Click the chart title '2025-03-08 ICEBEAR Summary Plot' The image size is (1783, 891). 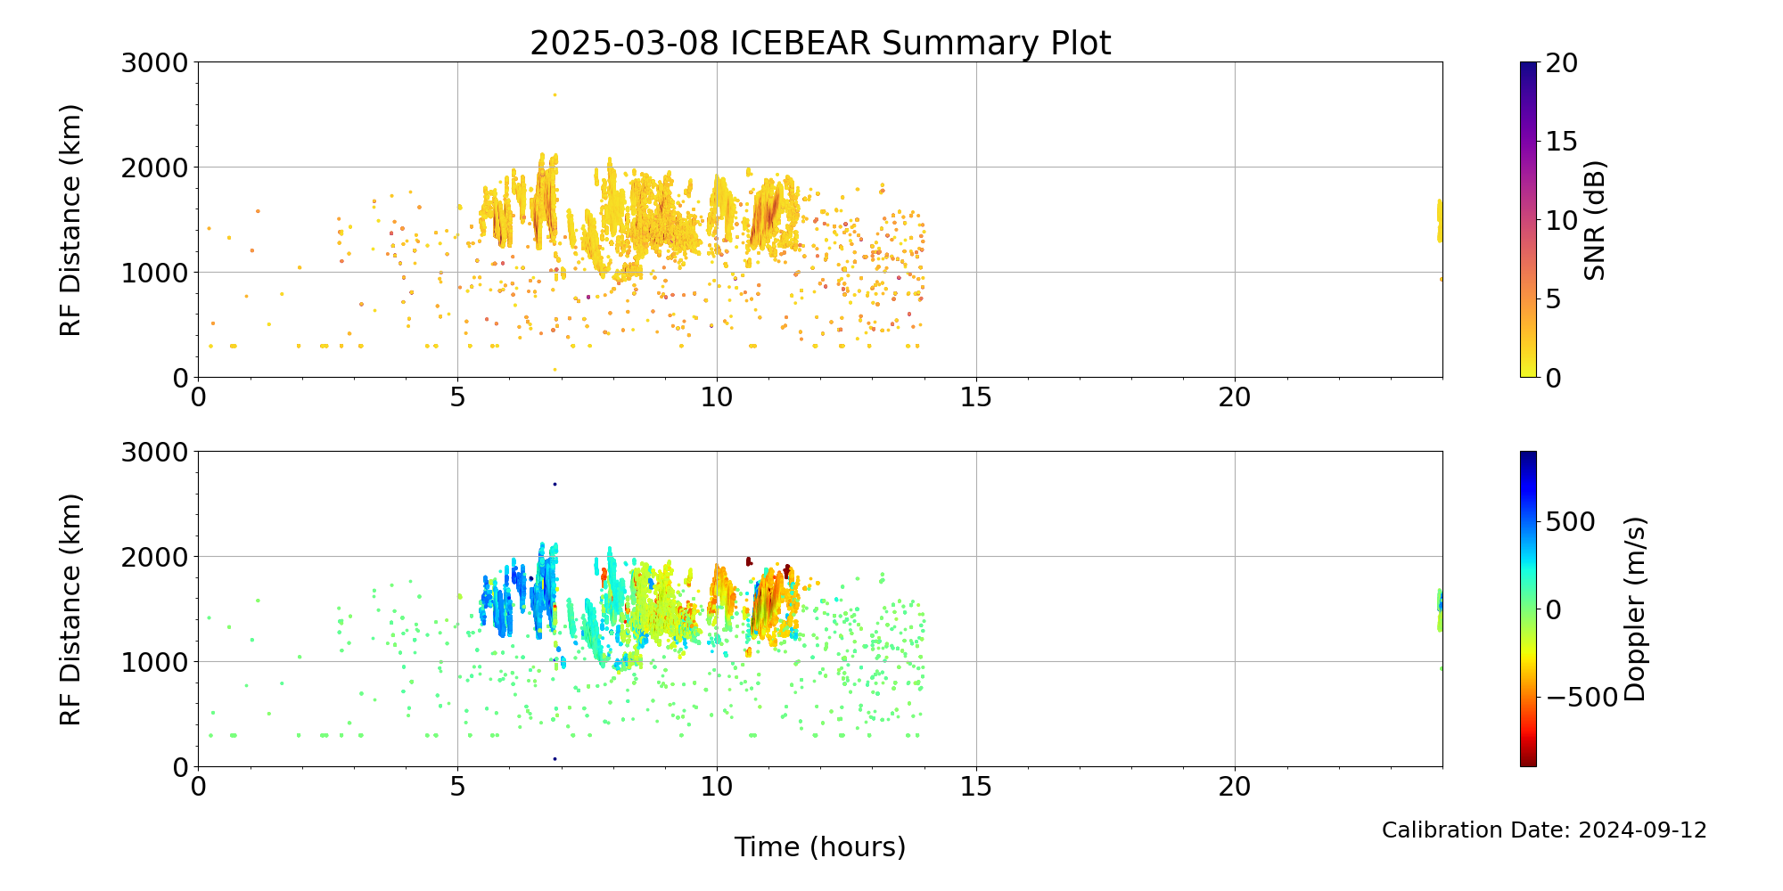click(x=820, y=43)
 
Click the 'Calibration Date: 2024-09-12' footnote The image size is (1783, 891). click(x=1544, y=830)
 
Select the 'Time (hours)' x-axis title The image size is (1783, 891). click(x=820, y=847)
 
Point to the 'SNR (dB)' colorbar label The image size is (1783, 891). click(x=1595, y=220)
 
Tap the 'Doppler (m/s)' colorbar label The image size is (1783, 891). click(x=1634, y=609)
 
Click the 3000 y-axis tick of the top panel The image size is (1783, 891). click(x=156, y=62)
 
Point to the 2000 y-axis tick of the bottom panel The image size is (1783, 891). click(x=156, y=557)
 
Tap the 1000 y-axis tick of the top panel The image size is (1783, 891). click(x=156, y=273)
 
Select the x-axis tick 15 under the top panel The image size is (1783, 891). click(x=976, y=396)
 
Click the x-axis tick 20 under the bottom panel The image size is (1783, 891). click(x=1235, y=786)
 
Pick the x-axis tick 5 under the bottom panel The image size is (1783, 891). click(x=457, y=786)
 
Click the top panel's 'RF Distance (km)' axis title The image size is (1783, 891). click(x=70, y=220)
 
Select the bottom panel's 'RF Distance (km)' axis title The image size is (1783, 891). click(x=70, y=609)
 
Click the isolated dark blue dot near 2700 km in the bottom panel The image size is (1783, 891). click(x=555, y=484)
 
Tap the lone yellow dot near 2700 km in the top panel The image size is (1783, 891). click(x=555, y=94)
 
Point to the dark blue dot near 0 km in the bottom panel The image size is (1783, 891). click(x=555, y=759)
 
